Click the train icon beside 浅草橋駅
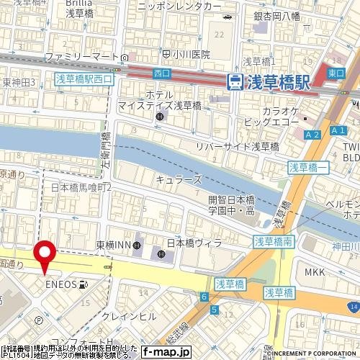[235, 82]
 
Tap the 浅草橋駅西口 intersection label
[84, 79]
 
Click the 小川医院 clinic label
[190, 54]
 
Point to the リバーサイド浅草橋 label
[238, 145]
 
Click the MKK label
[315, 272]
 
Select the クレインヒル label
[129, 316]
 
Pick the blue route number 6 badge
[204, 297]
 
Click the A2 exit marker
[312, 135]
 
